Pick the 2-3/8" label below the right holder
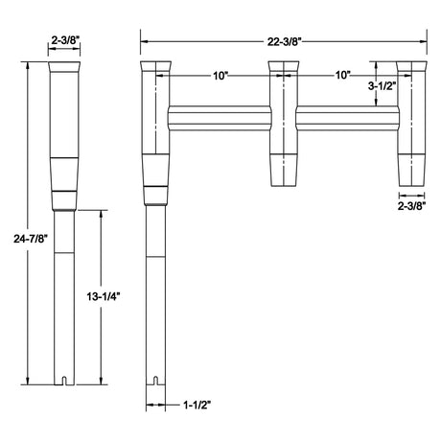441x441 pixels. (x=413, y=204)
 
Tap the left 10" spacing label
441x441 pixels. (x=221, y=74)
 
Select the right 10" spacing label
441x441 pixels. (x=342, y=74)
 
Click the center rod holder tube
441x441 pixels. (x=283, y=134)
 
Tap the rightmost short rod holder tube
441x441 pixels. (x=413, y=134)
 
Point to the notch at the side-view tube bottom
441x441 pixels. (x=65, y=381)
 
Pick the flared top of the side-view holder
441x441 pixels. (x=65, y=70)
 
